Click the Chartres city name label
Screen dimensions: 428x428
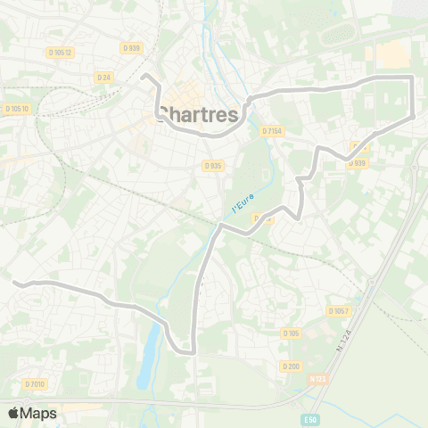198,114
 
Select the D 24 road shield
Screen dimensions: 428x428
103,77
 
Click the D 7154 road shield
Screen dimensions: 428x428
271,131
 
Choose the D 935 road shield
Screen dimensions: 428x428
212,165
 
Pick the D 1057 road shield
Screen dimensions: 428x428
337,310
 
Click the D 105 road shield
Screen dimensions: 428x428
291,333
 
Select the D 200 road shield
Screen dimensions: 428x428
290,366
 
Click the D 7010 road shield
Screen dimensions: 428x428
34,384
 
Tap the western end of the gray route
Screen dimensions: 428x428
16,283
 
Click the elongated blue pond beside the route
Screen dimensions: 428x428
149,355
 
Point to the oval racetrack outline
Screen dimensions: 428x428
340,34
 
